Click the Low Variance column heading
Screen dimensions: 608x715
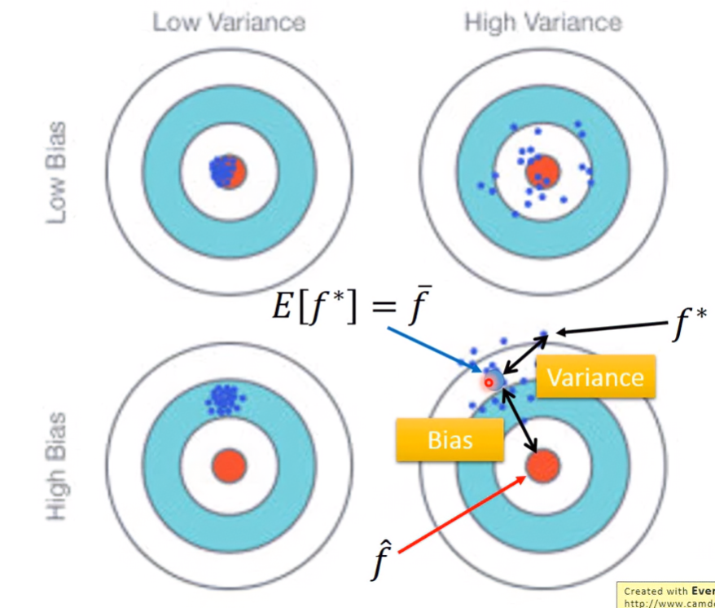229,22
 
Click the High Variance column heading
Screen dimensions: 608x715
543,22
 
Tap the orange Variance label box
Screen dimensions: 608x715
595,377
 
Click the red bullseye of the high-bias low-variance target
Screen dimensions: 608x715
228,466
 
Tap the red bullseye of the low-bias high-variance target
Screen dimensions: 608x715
542,172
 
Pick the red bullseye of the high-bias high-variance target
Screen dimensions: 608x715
542,466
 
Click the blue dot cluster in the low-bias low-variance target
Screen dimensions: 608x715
221,171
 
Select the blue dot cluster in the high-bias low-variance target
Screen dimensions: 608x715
222,399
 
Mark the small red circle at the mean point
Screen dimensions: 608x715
489,381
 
